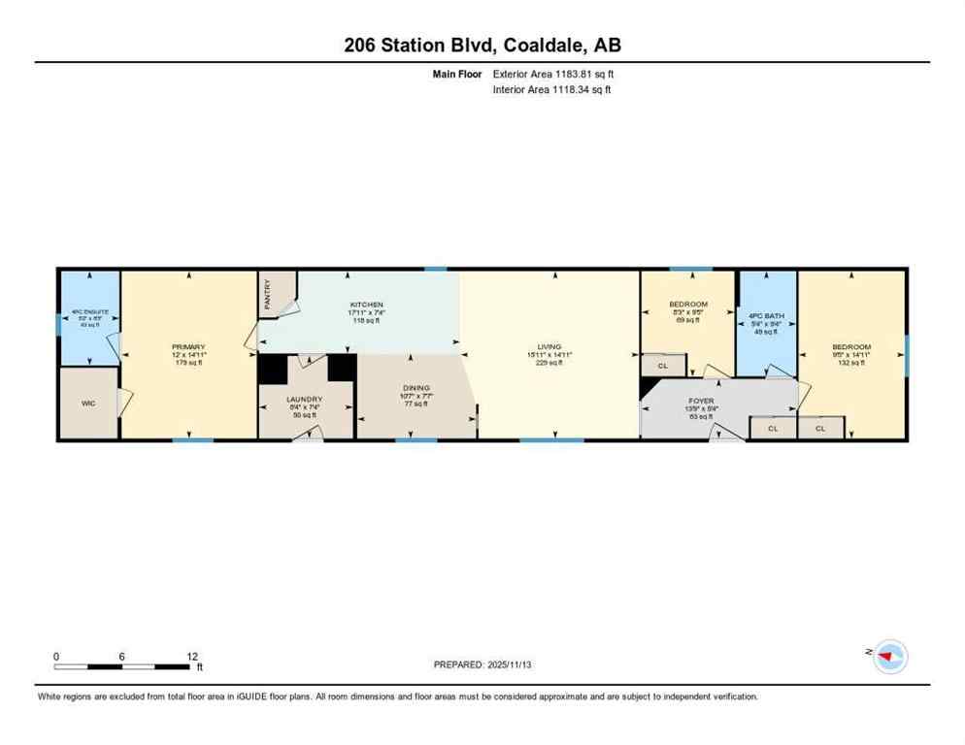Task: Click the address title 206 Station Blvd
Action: [482, 45]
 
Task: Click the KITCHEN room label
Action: [367, 305]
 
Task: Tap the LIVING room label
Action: [549, 347]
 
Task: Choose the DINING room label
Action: [416, 388]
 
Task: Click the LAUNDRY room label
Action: [303, 399]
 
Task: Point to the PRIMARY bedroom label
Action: [189, 347]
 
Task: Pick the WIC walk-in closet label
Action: [88, 403]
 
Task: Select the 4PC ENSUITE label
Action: [89, 312]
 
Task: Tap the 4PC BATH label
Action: [767, 316]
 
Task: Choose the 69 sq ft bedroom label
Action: [688, 304]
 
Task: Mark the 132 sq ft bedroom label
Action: [850, 347]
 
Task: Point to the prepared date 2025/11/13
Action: [483, 664]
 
